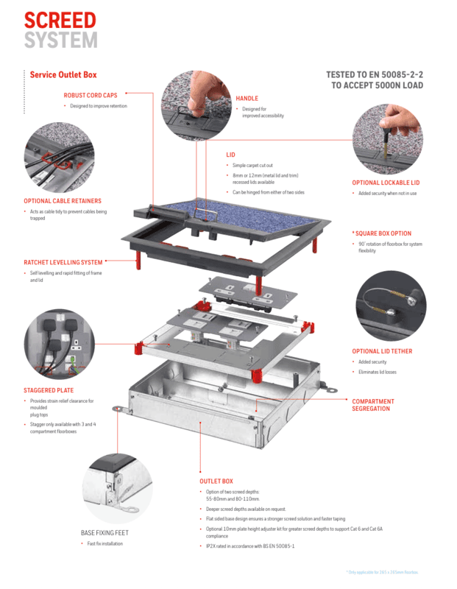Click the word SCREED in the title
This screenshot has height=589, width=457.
point(61,18)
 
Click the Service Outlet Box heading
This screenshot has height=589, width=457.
point(63,74)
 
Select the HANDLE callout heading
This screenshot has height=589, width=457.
point(247,99)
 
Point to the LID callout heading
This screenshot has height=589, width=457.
point(230,155)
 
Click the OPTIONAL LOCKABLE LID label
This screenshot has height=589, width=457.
point(386,183)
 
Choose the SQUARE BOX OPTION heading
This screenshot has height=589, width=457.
point(383,233)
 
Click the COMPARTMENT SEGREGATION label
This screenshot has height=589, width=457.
point(373,405)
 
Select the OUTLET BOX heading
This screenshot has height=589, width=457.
point(216,481)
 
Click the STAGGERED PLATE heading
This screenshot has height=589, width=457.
point(49,390)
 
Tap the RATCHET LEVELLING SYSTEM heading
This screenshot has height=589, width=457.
point(63,262)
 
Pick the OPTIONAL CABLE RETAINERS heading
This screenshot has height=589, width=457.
point(63,200)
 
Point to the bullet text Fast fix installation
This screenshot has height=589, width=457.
point(104,543)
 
